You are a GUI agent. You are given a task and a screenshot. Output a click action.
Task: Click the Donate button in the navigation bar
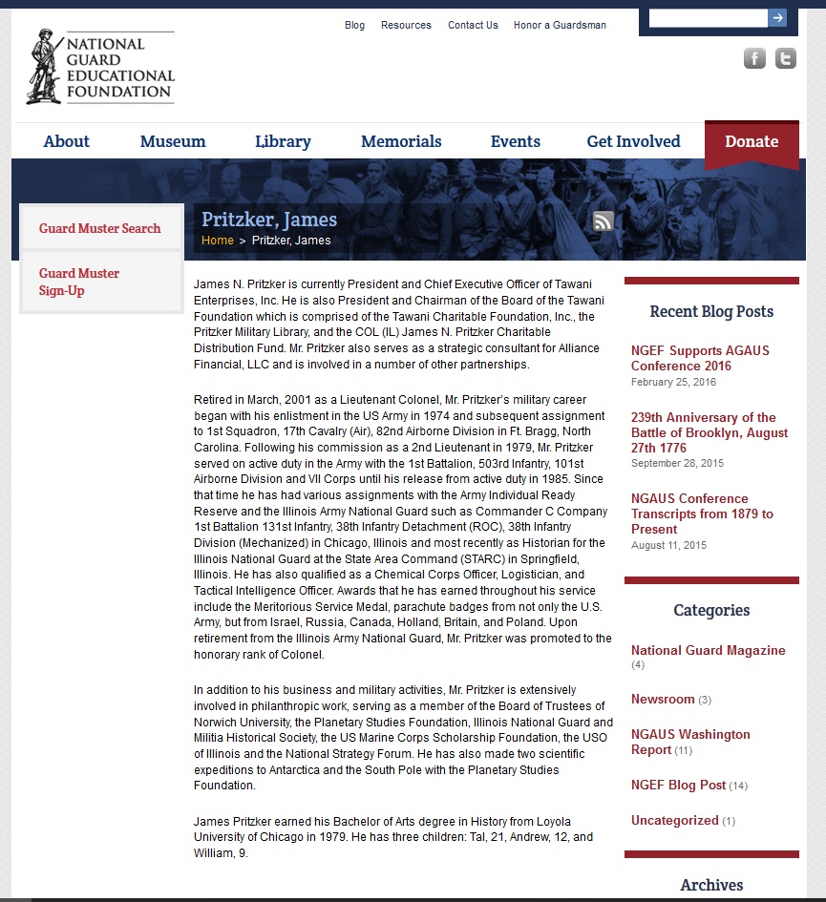pyautogui.click(x=752, y=141)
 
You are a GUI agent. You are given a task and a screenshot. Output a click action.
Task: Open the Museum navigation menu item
pyautogui.click(x=173, y=141)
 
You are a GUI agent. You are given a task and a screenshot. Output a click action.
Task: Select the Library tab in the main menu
pyautogui.click(x=283, y=141)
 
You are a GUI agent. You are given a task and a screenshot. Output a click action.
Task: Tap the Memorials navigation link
pyautogui.click(x=401, y=141)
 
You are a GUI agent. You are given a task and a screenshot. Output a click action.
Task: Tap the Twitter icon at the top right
pyautogui.click(x=785, y=59)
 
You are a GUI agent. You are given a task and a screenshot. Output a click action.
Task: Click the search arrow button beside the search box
pyautogui.click(x=778, y=17)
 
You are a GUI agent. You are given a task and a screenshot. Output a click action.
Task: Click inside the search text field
pyautogui.click(x=708, y=17)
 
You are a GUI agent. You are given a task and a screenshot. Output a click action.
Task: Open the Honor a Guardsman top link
pyautogui.click(x=560, y=25)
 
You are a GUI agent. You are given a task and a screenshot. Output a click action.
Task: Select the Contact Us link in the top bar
pyautogui.click(x=473, y=25)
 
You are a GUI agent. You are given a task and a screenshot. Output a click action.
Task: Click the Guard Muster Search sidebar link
pyautogui.click(x=100, y=228)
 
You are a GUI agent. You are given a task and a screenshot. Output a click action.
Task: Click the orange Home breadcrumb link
pyautogui.click(x=218, y=240)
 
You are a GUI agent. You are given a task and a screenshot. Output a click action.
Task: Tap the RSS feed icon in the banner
pyautogui.click(x=604, y=221)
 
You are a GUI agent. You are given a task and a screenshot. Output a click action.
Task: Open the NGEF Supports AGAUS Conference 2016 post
pyautogui.click(x=700, y=358)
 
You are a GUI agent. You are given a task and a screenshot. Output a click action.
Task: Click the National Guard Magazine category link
pyautogui.click(x=708, y=650)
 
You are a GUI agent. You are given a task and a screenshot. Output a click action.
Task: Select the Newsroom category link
pyautogui.click(x=663, y=699)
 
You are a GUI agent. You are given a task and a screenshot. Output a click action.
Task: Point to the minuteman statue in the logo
pyautogui.click(x=44, y=66)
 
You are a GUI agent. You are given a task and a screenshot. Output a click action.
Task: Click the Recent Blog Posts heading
pyautogui.click(x=711, y=311)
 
